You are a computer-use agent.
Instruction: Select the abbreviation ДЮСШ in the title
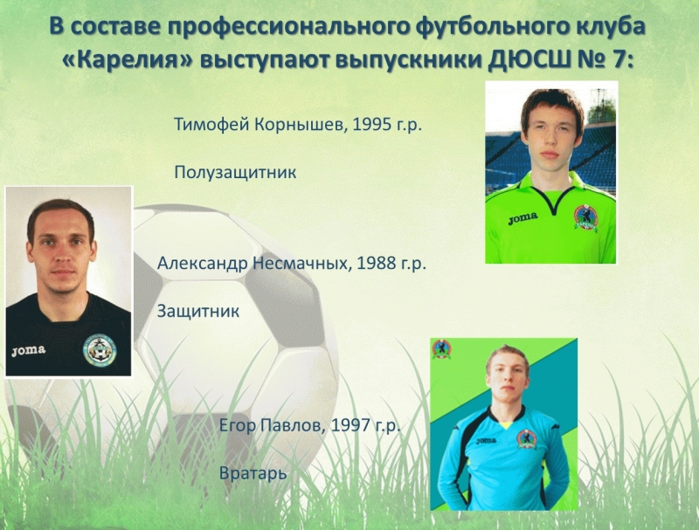(529, 60)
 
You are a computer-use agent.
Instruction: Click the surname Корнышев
(301, 125)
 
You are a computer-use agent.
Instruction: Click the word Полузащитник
(235, 172)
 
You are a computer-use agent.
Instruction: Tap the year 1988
(377, 263)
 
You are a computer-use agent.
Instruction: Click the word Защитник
(198, 311)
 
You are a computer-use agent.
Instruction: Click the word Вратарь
(253, 473)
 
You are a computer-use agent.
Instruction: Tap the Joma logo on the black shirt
(29, 350)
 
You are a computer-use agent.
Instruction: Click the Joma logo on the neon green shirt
(523, 218)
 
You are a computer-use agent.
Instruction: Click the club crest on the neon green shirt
(585, 217)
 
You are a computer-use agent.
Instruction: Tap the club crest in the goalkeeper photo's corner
(441, 349)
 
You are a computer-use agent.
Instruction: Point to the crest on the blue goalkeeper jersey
(527, 439)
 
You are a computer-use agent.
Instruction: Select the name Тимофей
(211, 125)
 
